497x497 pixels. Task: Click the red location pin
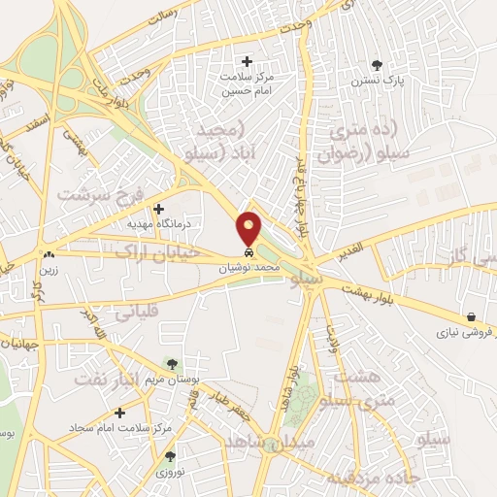pos(249,227)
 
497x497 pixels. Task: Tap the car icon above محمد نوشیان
pos(249,251)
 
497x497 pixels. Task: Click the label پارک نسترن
pos(377,83)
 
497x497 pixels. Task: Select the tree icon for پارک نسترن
pos(377,66)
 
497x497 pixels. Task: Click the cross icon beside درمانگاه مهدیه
pos(159,208)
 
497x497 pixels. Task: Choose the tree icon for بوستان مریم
pos(171,364)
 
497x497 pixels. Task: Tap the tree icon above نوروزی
pos(170,456)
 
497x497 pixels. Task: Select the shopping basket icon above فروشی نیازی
pos(471,317)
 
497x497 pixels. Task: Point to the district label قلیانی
pos(137,314)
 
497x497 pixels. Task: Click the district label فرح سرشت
pos(99,194)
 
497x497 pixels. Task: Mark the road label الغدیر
pos(354,253)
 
